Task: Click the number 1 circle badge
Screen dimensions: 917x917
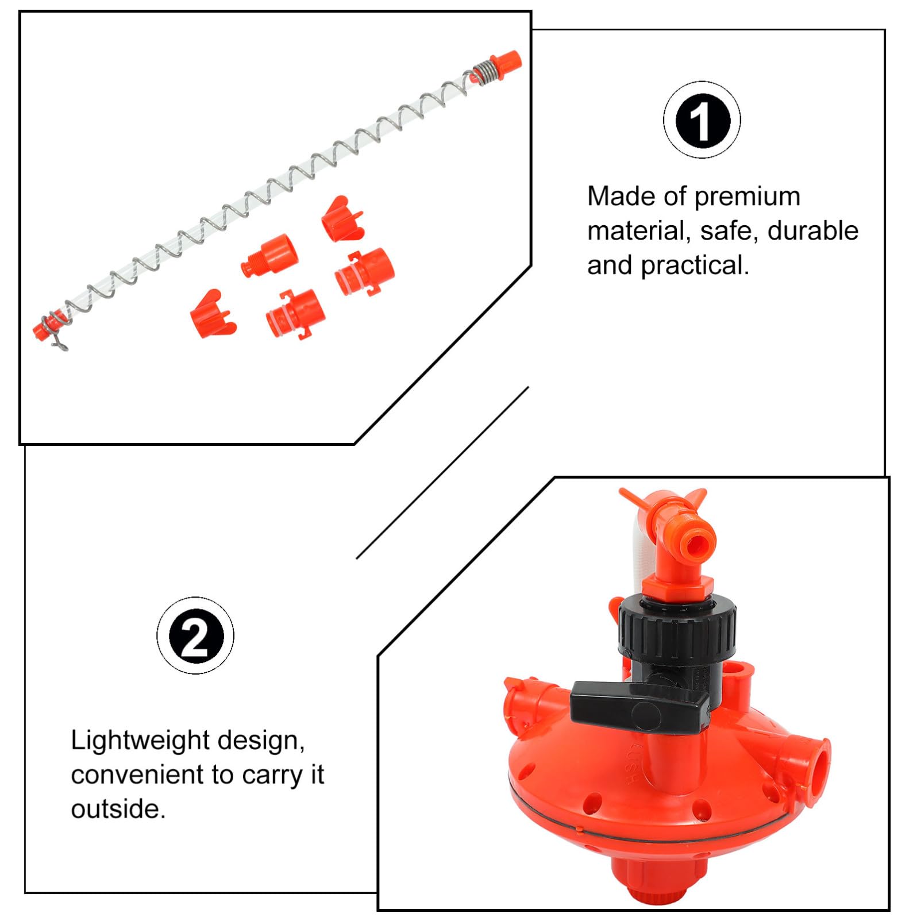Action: coord(702,120)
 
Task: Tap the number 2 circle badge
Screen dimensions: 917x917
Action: coord(195,635)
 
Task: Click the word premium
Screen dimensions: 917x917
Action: coord(747,197)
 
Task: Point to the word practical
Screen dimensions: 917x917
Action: coord(695,266)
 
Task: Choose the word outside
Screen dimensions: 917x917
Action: coord(118,809)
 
